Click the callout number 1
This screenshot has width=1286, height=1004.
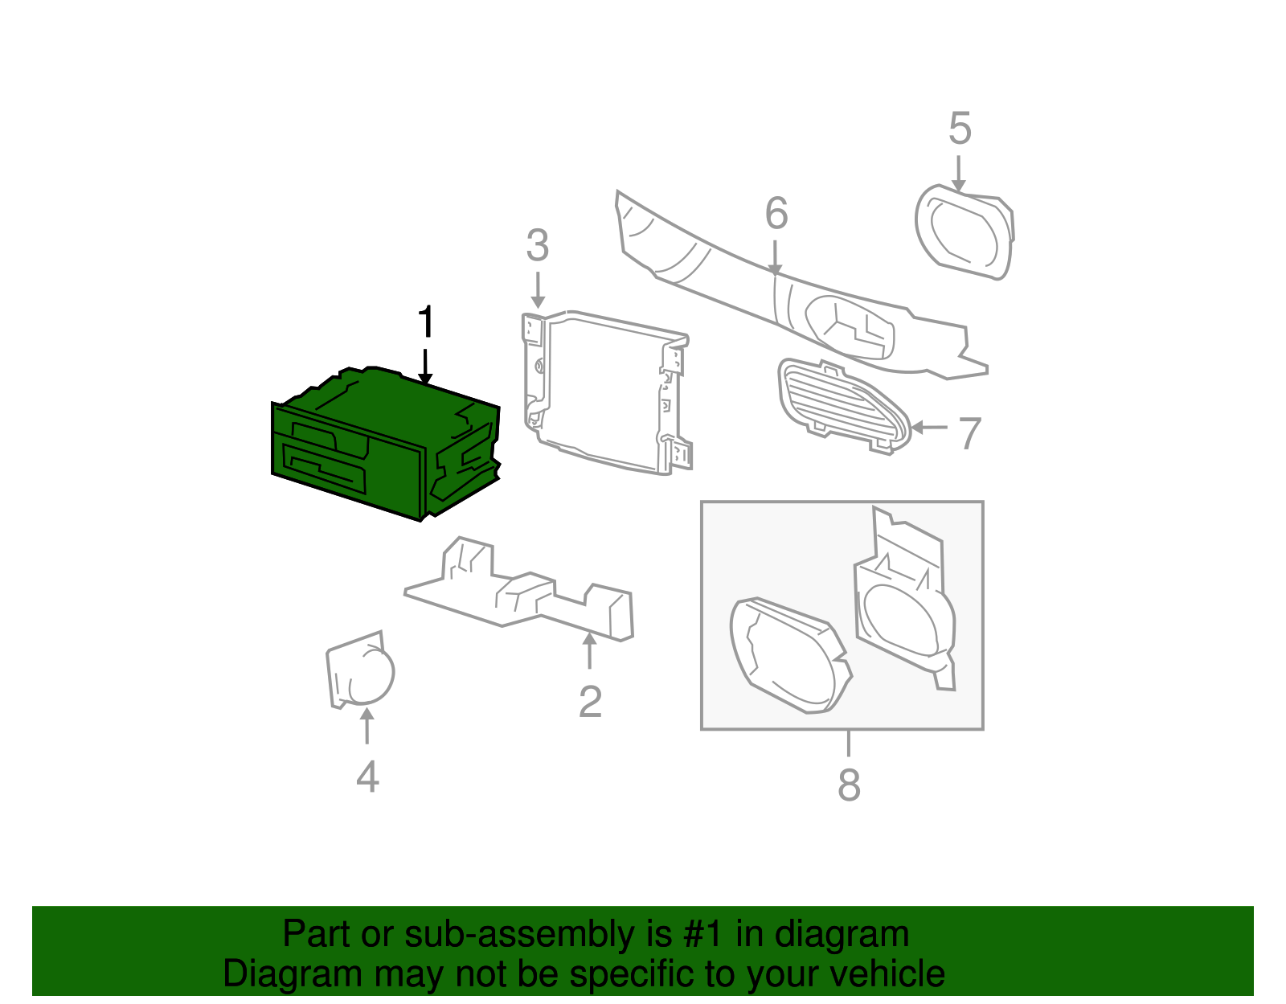click(x=426, y=322)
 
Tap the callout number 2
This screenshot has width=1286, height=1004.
click(x=590, y=703)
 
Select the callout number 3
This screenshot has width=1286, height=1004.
click(x=538, y=245)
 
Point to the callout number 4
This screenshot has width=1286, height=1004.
click(x=367, y=777)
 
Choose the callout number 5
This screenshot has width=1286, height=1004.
click(x=960, y=128)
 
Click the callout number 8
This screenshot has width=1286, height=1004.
click(x=849, y=785)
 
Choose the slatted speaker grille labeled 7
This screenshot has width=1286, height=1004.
click(x=843, y=407)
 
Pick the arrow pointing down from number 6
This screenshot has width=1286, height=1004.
click(x=775, y=258)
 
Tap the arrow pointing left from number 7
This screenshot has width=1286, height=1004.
click(x=928, y=427)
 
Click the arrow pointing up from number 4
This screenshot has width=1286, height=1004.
click(x=367, y=725)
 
